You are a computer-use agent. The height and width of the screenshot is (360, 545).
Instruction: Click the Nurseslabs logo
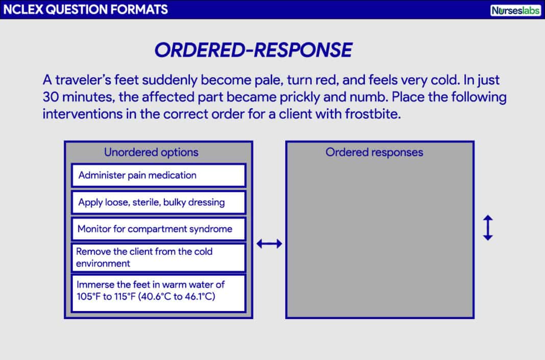[x=515, y=10]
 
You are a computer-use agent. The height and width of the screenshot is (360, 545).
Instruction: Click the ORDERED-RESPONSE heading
[x=253, y=50]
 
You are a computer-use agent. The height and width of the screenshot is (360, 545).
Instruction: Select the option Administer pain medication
[x=158, y=175]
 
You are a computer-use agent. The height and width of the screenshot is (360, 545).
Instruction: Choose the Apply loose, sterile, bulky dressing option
[x=158, y=202]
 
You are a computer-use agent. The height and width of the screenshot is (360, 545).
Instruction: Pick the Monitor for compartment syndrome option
[x=158, y=229]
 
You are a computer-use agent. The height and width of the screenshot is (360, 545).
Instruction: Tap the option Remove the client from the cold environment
[x=158, y=257]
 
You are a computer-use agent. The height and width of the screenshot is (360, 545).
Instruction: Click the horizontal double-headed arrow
[x=269, y=244]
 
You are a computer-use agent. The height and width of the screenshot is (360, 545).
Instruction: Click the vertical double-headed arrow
[x=488, y=228]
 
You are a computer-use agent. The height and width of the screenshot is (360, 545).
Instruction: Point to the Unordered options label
[x=151, y=152]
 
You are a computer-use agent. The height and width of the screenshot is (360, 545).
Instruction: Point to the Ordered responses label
[x=374, y=152]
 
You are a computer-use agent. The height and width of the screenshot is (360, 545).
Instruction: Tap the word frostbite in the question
[x=374, y=114]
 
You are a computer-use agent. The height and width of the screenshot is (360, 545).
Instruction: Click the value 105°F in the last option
[x=88, y=297]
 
